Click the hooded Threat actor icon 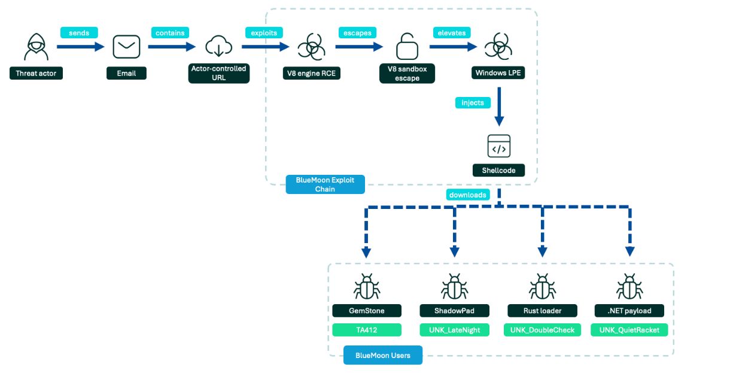click(x=36, y=47)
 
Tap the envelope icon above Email click(x=126, y=47)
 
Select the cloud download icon click(x=218, y=46)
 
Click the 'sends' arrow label click(x=79, y=33)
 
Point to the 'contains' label click(x=170, y=33)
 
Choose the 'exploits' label click(x=264, y=33)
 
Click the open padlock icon click(x=407, y=46)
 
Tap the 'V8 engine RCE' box click(x=312, y=73)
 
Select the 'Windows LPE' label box click(x=498, y=72)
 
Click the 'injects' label click(x=473, y=103)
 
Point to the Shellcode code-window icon click(x=499, y=146)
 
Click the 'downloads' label click(x=468, y=195)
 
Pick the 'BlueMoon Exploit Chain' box click(x=326, y=184)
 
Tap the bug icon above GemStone click(x=367, y=287)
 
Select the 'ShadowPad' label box click(x=454, y=311)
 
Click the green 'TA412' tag click(x=367, y=330)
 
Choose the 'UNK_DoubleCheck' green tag click(x=542, y=330)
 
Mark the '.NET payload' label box click(x=629, y=311)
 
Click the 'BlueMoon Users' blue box click(x=383, y=355)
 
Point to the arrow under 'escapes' click(x=359, y=47)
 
